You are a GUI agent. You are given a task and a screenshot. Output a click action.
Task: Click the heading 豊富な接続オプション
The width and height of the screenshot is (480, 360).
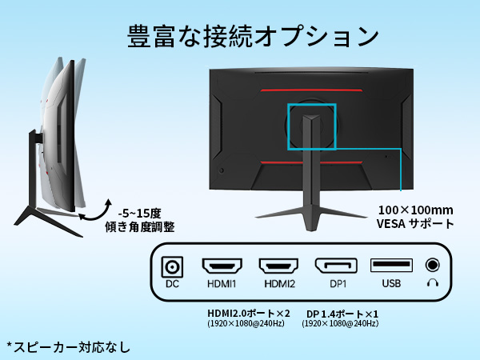(253, 36)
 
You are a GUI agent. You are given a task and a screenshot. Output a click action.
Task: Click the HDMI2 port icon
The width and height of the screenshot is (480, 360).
(278, 266)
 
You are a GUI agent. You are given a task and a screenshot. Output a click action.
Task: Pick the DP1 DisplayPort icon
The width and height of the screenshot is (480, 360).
(336, 266)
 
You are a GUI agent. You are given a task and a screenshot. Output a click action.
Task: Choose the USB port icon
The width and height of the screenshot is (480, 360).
(391, 266)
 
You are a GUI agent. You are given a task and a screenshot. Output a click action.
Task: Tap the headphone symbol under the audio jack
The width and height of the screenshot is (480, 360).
(434, 282)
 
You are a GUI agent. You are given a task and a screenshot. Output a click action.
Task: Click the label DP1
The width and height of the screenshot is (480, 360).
(336, 284)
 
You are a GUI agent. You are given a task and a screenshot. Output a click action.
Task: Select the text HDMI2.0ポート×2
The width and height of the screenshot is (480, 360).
(246, 313)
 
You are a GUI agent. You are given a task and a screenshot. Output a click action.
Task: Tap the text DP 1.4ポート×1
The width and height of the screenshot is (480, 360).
(342, 313)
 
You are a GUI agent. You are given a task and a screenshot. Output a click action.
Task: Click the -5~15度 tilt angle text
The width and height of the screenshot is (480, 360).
(138, 213)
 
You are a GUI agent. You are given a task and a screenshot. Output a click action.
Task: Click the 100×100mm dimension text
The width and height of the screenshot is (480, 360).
(414, 210)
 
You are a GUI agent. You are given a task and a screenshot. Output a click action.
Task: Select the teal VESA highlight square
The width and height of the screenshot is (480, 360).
(311, 126)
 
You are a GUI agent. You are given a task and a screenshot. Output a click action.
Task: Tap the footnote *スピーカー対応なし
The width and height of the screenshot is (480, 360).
(68, 347)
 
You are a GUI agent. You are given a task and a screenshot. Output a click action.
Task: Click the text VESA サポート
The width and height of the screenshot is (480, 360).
(414, 224)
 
